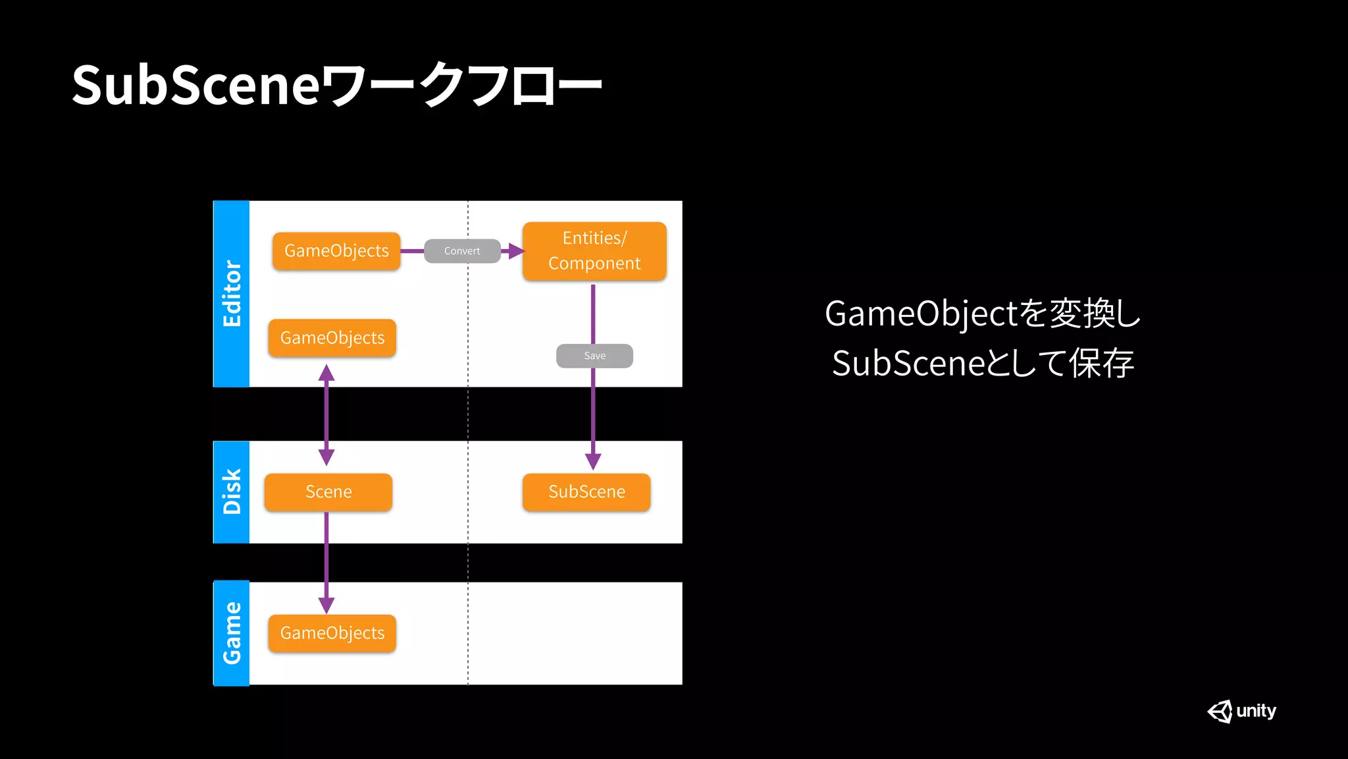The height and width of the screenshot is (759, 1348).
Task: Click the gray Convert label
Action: pos(462,251)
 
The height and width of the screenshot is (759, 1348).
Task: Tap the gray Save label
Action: pos(594,356)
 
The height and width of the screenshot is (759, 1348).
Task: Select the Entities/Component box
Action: pos(594,251)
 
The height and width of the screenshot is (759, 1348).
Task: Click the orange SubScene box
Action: pos(586,492)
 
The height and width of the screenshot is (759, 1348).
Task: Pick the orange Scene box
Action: pos(328,492)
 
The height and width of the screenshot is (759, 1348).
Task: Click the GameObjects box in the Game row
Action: pos(332,633)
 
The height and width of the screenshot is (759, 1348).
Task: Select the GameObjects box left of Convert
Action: pos(336,251)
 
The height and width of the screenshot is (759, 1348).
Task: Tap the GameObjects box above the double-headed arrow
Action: pos(332,338)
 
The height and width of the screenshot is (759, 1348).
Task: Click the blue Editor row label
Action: pos(232,294)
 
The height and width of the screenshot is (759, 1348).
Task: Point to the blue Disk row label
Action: pos(232,492)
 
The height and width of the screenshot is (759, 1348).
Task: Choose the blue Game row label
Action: pos(232,633)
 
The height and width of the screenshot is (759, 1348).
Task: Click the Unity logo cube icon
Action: pos(1220,712)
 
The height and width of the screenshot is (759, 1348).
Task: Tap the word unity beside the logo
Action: pos(1256,711)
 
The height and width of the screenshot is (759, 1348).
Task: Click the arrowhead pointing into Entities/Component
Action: pos(516,251)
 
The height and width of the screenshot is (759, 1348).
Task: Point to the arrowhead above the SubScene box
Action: pos(593,461)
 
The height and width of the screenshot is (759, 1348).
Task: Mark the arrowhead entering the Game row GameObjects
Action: pos(326,605)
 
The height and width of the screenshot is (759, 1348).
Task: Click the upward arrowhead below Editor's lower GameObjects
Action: pos(326,374)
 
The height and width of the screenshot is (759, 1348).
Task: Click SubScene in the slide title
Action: pos(196,85)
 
